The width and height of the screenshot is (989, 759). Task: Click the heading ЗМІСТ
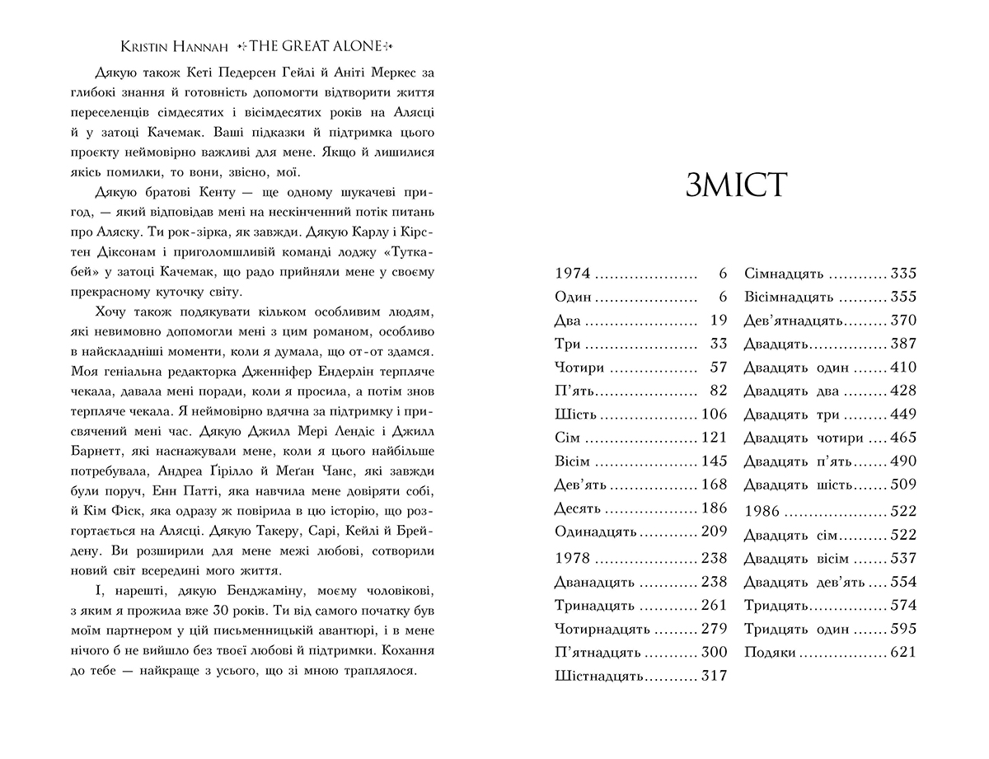[x=736, y=187]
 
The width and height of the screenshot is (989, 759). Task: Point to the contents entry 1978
[x=573, y=558]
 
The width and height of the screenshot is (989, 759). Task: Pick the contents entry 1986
[x=762, y=512]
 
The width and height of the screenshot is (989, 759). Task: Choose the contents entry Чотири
[x=580, y=368]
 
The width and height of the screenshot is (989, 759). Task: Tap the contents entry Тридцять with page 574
[x=776, y=606]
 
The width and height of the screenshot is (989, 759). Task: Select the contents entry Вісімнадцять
[x=790, y=298]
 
